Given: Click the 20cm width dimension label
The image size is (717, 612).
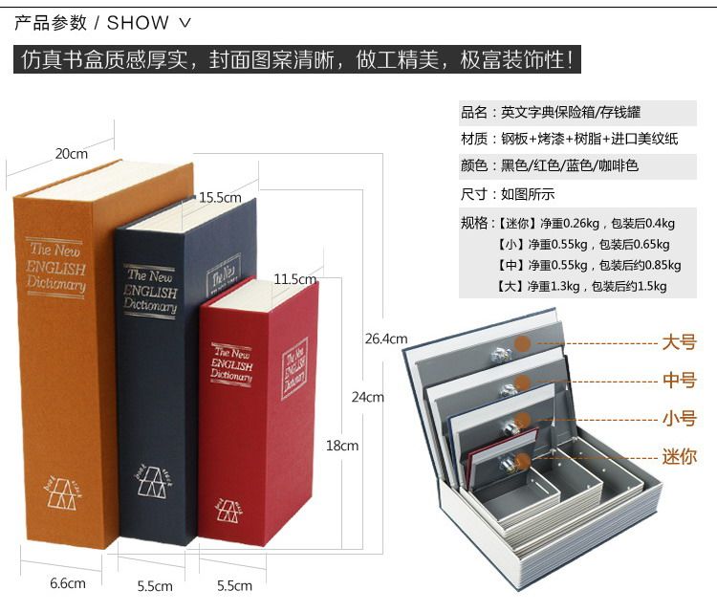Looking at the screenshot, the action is pos(71,153).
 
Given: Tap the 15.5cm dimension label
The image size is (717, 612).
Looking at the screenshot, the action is pos(220,197).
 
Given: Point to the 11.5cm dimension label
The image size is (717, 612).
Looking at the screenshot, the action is pos(294,279).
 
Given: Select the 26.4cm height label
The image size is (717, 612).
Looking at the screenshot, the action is pos(386,338).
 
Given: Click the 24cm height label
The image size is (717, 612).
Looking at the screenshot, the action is pos(367,397).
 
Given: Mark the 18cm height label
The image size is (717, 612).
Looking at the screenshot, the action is pos(342,445).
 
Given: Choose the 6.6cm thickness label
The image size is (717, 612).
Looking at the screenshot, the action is pos(68,583).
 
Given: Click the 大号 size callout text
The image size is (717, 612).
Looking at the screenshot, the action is pos(680,342).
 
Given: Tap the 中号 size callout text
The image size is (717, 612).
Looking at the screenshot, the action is pos(680,381).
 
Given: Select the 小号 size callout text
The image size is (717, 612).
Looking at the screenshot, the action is pos(680,418).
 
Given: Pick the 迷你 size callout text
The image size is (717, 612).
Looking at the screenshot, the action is pos(680,456).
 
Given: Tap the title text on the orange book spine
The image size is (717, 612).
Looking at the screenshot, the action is pos(56,265).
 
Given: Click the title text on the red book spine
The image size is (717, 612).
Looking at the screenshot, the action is pos(231,364).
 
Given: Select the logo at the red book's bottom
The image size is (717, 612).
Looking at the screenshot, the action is pos(229,510).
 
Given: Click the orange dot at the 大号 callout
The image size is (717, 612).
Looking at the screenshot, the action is pos(522,343).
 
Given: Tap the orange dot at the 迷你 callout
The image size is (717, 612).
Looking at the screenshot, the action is pos(522,457).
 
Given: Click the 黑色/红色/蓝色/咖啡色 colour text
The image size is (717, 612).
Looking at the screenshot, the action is pos(570,165).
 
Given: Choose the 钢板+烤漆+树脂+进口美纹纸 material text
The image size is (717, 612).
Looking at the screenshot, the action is pos(590,139).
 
